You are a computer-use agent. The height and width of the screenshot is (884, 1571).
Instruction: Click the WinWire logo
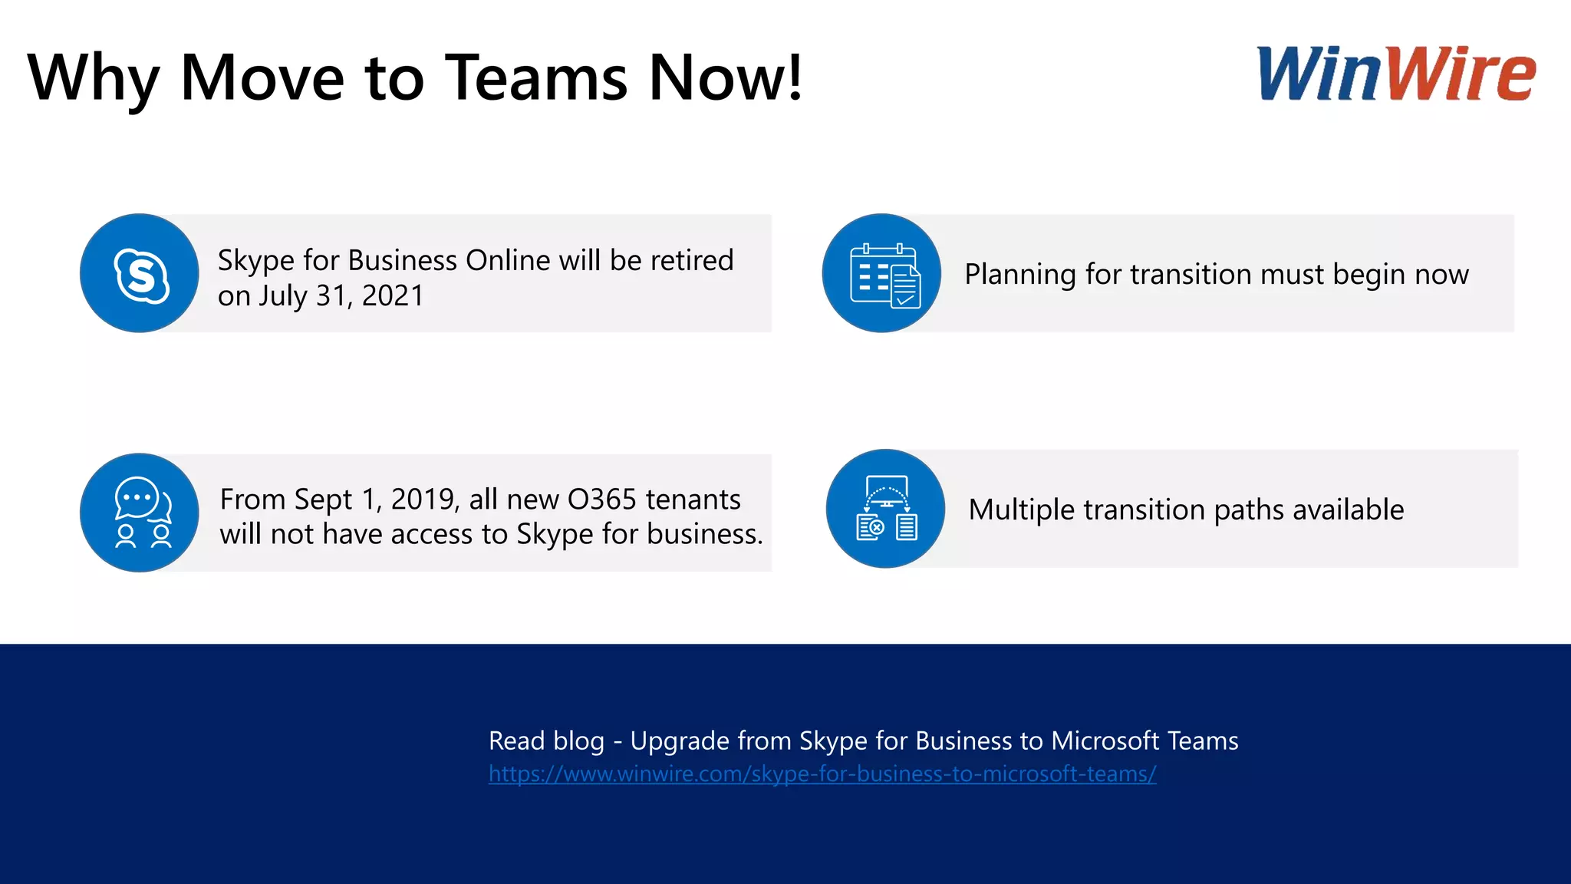point(1395,74)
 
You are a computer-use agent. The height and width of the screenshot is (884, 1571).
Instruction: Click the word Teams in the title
point(537,78)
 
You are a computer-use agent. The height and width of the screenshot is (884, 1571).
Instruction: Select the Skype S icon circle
point(140,273)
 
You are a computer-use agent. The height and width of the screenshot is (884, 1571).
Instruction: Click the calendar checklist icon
point(882,273)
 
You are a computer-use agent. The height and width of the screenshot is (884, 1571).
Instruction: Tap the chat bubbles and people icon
point(140,513)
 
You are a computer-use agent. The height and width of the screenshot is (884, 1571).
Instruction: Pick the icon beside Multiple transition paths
point(886,509)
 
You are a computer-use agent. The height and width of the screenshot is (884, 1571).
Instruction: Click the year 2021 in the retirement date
point(392,296)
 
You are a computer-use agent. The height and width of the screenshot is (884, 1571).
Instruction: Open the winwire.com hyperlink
point(822,773)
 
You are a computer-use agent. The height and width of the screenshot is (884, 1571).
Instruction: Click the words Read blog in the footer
point(546,741)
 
